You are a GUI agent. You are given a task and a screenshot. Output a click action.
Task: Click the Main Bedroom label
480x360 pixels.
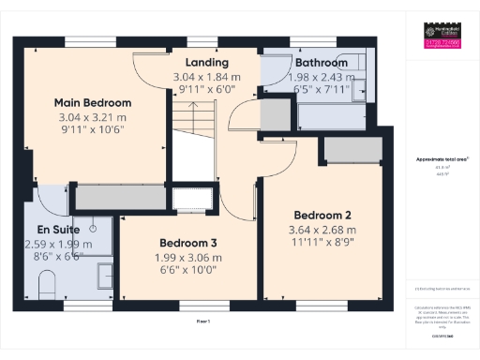tap(92, 103)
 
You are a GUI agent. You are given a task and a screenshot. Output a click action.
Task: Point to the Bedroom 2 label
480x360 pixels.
tap(322, 213)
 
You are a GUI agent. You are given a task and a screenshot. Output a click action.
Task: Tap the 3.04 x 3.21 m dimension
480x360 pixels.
tap(92, 117)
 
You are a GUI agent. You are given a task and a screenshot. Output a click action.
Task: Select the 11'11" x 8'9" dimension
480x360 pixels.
tap(322, 241)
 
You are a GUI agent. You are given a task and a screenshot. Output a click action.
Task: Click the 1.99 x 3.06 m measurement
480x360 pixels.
tap(187, 257)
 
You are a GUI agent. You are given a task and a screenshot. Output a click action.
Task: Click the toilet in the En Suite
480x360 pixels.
tap(48, 284)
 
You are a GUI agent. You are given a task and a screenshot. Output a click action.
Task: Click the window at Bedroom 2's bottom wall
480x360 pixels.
tap(321, 304)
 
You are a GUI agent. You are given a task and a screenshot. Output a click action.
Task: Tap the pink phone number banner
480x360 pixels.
tap(438, 44)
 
